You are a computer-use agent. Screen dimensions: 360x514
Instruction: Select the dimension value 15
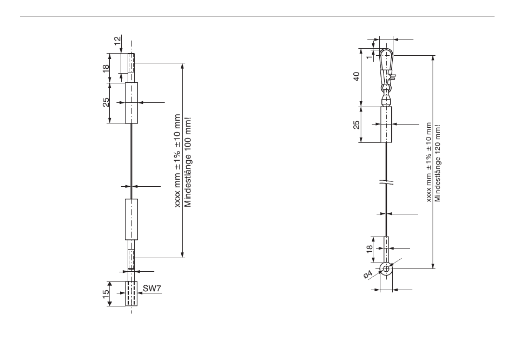[106, 293]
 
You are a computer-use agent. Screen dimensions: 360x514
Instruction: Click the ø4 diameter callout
[368, 276]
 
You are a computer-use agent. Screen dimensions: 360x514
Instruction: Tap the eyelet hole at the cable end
[386, 267]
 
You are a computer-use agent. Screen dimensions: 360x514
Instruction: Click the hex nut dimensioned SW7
[131, 294]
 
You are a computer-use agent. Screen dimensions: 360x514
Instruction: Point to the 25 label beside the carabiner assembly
[357, 125]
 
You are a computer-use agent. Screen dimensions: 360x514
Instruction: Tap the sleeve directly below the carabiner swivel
[386, 124]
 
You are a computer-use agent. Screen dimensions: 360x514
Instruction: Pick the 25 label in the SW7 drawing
[106, 102]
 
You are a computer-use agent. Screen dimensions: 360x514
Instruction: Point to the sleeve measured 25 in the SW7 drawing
[131, 102]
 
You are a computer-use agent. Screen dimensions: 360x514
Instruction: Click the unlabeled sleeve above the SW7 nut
[131, 219]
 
